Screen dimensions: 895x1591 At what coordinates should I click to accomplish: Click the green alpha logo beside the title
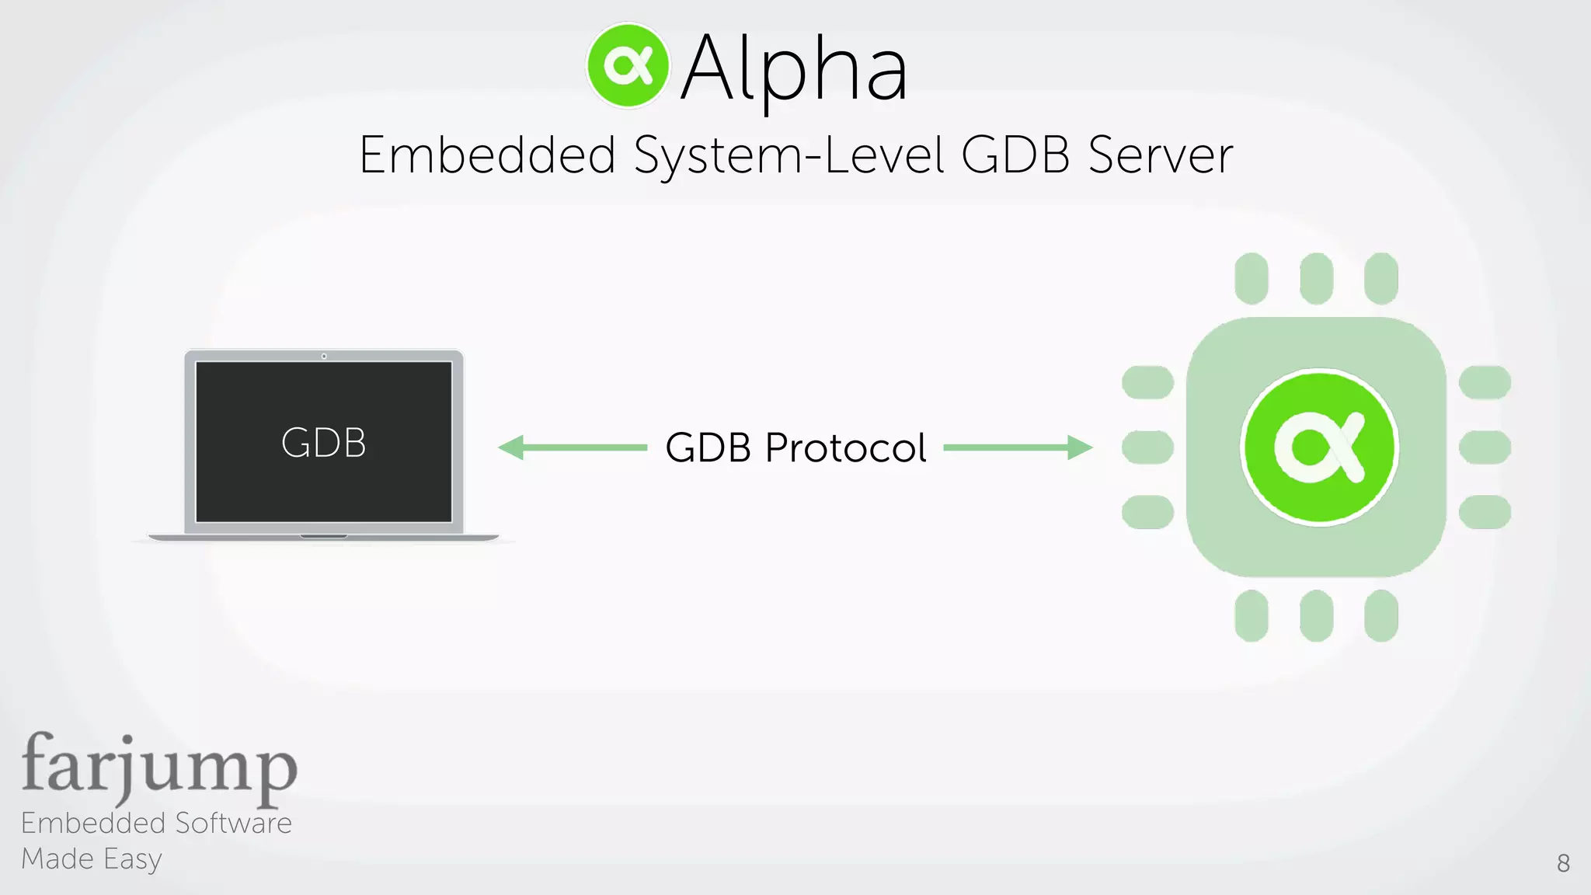pyautogui.click(x=628, y=66)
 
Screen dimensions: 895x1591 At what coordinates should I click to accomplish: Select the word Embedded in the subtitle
pyautogui.click(x=487, y=155)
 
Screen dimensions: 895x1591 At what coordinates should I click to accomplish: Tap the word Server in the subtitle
pyautogui.click(x=1160, y=155)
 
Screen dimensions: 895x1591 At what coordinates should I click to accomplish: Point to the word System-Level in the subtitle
pyautogui.click(x=789, y=156)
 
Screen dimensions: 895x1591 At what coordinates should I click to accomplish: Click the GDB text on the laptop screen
pyautogui.click(x=323, y=443)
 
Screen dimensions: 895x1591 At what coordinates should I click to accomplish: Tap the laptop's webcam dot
pyautogui.click(x=324, y=356)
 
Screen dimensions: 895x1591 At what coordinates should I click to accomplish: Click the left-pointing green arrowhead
pyautogui.click(x=511, y=447)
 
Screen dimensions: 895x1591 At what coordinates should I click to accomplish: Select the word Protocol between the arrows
pyautogui.click(x=845, y=448)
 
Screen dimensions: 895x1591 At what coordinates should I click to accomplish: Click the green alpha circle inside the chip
pyautogui.click(x=1319, y=447)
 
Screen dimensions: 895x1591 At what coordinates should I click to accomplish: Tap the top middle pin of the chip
pyautogui.click(x=1316, y=278)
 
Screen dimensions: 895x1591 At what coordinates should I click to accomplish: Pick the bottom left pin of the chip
pyautogui.click(x=1251, y=615)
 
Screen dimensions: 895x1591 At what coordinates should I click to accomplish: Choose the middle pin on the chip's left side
pyautogui.click(x=1147, y=447)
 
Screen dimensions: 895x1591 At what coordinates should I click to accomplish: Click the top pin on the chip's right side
pyautogui.click(x=1485, y=382)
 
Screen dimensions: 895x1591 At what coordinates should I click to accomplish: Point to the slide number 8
pyautogui.click(x=1563, y=863)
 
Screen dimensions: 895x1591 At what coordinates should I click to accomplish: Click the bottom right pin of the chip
pyautogui.click(x=1380, y=615)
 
